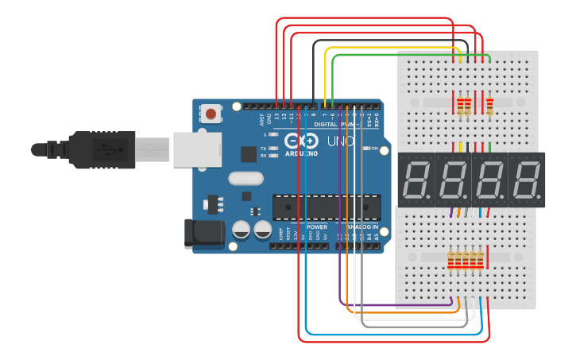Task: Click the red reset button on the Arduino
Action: point(211,114)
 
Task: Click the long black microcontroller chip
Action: point(318,207)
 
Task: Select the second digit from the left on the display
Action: point(452,180)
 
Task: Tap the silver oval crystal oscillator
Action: point(245,178)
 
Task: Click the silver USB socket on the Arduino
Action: point(191,149)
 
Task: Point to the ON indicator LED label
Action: point(373,148)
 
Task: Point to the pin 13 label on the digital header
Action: point(276,117)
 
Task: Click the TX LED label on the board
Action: point(264,148)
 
